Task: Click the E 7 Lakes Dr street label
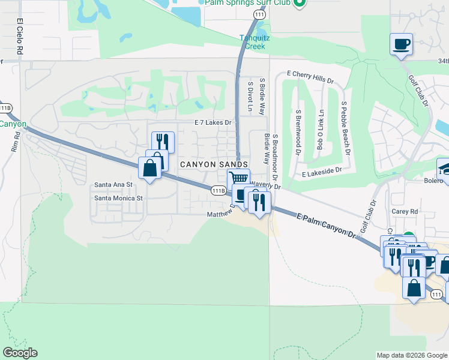pos(212,122)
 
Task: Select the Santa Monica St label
pos(118,197)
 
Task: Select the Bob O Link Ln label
pos(321,130)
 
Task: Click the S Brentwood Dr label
pos(298,131)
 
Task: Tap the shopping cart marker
pos(238,178)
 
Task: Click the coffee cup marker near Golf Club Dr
pos(401,44)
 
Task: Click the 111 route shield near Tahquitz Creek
pos(259,14)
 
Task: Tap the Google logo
pos(20,353)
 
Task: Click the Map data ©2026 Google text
pos(412,355)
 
